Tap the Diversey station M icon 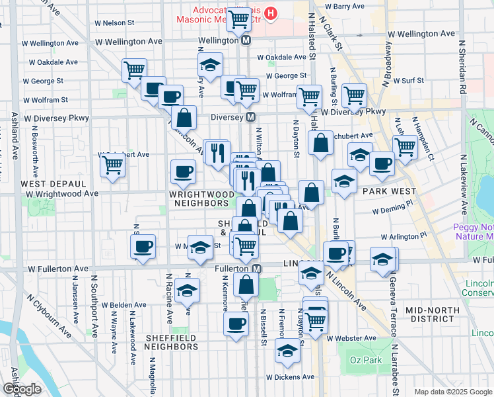tap(251, 117)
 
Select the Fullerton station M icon tap(257, 269)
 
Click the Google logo tap(22, 389)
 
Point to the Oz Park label tap(363, 360)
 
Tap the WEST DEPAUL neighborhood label tap(53, 183)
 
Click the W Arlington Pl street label tap(404, 236)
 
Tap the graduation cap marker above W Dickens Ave tap(287, 351)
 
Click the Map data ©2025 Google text tap(454, 392)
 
